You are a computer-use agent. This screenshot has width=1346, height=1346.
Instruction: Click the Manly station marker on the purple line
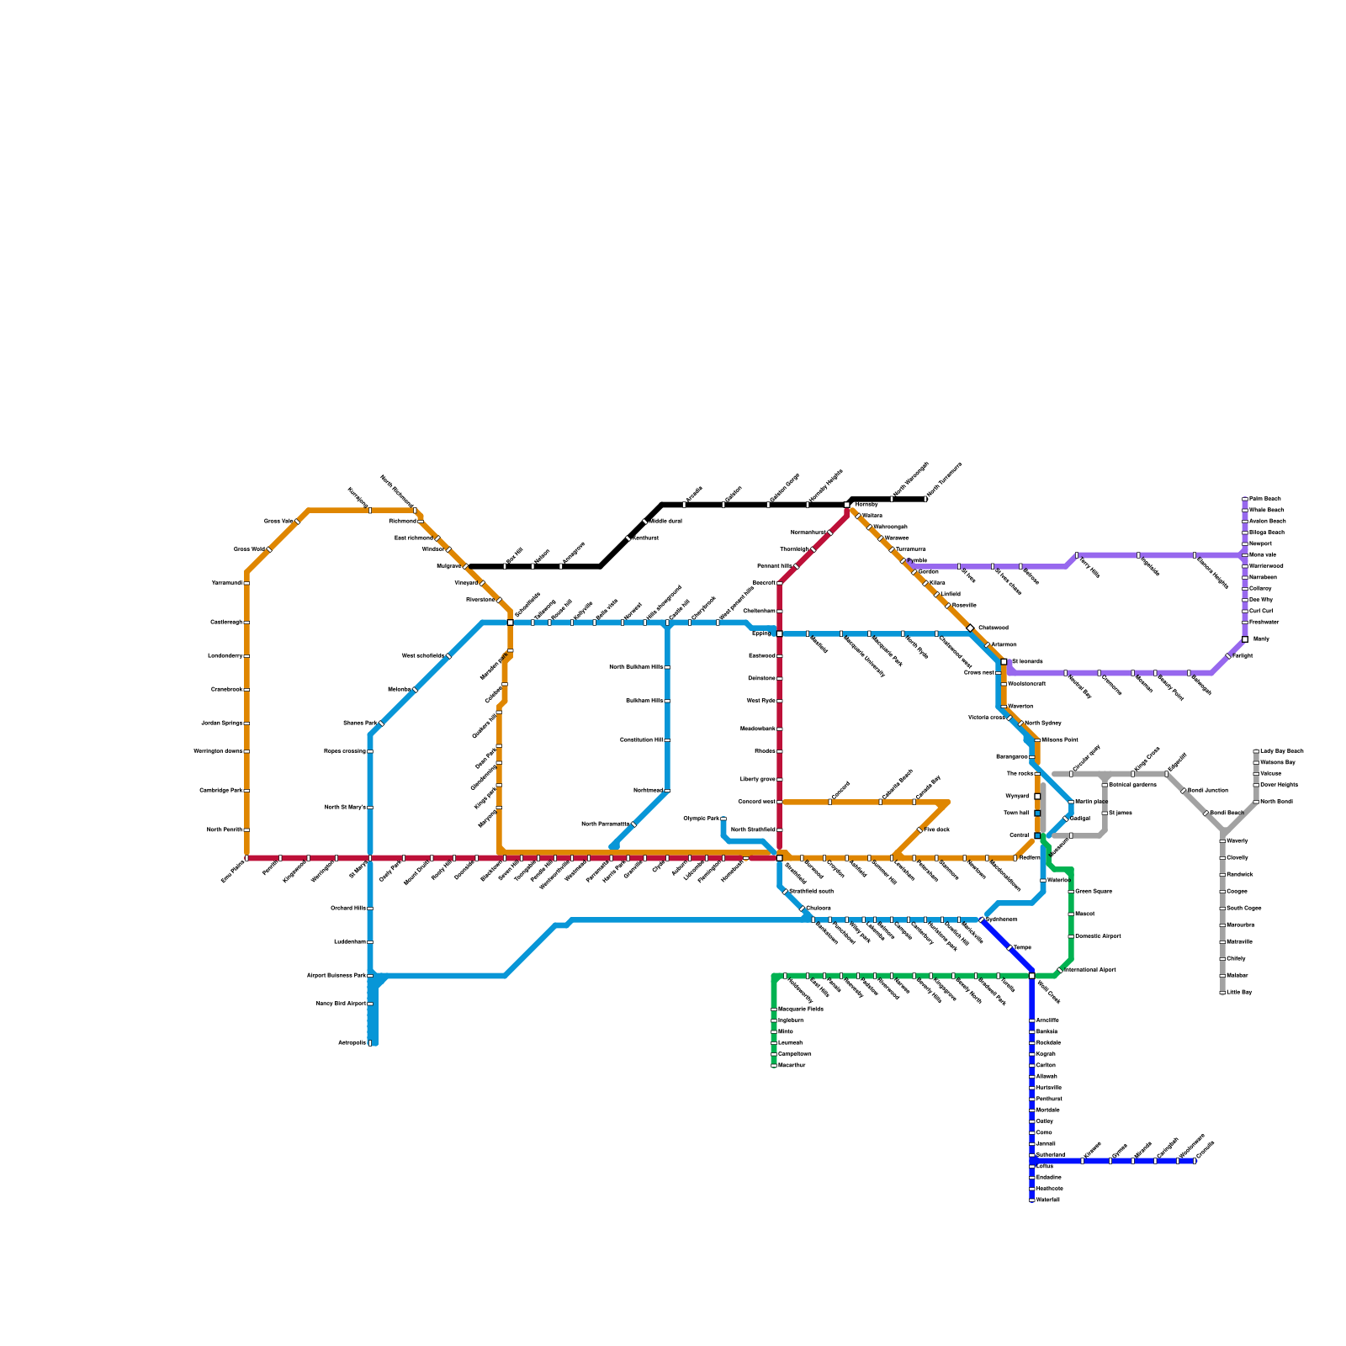(x=1245, y=639)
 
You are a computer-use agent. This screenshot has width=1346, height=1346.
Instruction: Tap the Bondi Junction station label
(x=1207, y=791)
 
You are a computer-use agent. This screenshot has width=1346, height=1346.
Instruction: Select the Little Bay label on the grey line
(x=1239, y=993)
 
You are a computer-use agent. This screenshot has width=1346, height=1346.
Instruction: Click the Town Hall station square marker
(x=1037, y=813)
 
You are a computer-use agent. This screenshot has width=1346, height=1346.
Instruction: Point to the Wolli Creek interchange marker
(x=1032, y=976)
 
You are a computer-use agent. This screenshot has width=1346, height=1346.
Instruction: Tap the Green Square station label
(x=1093, y=892)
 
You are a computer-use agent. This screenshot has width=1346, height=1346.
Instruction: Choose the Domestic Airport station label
(x=1098, y=936)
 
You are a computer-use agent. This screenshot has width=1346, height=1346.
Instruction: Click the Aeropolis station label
(x=352, y=1043)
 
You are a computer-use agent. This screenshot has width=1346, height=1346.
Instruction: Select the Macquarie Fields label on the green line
(x=800, y=1009)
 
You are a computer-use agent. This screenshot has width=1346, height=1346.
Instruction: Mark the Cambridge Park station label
(x=221, y=791)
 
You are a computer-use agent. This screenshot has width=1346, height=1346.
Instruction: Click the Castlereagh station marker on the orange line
(x=246, y=623)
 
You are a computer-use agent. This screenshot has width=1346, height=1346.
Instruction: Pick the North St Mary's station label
(x=345, y=808)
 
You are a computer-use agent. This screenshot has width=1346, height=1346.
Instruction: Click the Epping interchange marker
(x=780, y=633)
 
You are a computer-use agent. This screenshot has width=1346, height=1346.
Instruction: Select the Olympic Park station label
(x=701, y=819)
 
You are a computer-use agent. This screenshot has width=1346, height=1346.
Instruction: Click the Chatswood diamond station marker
(x=970, y=628)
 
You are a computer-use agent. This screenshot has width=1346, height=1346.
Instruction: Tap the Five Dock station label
(x=937, y=830)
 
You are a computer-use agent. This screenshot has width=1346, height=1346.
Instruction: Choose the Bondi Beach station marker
(x=1206, y=813)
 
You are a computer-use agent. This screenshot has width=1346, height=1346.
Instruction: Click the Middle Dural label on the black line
(x=665, y=522)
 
